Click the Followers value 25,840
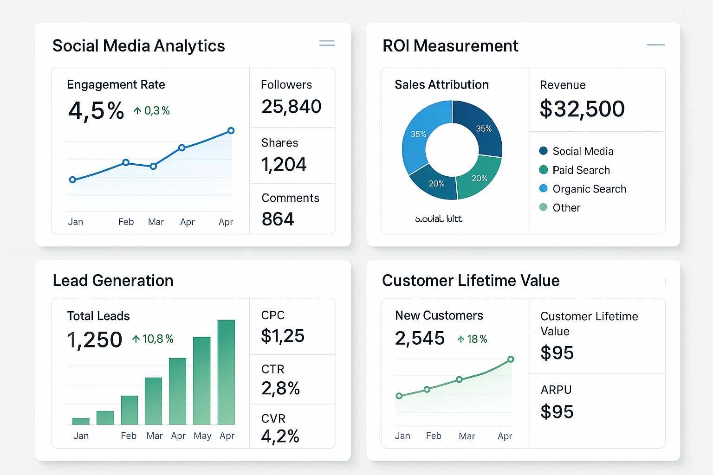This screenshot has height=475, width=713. point(291,107)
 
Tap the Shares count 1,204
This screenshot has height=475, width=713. point(284,164)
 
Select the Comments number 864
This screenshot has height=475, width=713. point(278,219)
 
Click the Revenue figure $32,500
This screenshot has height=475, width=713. point(582,109)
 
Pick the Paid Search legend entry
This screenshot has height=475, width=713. point(581,170)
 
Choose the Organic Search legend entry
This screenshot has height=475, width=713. point(589,189)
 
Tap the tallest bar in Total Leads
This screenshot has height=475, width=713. point(226,371)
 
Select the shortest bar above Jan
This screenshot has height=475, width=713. point(81,421)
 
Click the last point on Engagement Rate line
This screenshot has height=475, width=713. point(231,131)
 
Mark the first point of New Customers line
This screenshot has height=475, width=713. point(399,396)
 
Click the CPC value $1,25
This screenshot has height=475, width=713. point(282,336)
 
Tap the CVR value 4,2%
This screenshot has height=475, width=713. point(280,436)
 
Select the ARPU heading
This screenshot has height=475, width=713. point(556,390)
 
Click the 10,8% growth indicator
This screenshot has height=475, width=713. point(153,339)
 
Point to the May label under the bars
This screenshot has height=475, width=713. point(202,436)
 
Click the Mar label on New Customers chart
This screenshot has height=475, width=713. point(467,436)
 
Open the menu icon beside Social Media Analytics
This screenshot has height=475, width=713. point(327,43)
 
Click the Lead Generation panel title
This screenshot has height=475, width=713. point(113,281)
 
